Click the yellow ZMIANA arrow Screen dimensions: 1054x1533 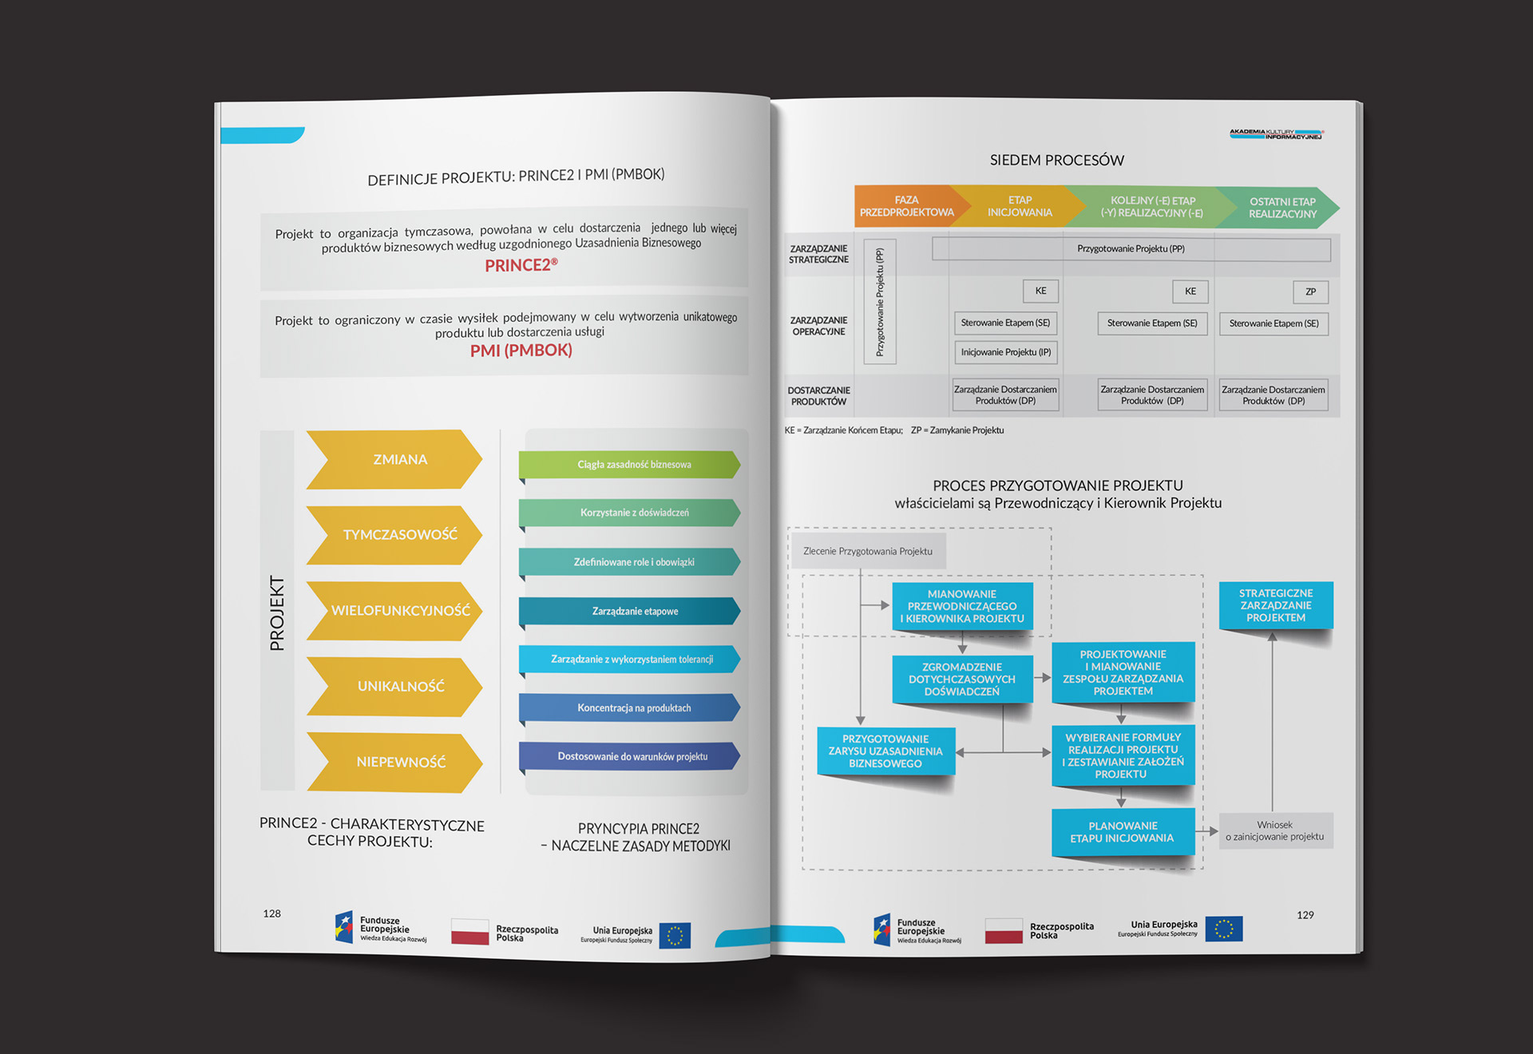click(x=395, y=460)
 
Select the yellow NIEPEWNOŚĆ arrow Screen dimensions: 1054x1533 click(x=395, y=763)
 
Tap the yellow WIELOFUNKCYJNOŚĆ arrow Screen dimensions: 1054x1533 click(x=395, y=611)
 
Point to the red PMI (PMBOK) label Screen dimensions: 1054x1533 click(x=521, y=351)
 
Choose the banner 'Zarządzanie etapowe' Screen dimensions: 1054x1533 click(x=630, y=612)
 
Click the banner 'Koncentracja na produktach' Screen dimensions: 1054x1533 click(x=630, y=708)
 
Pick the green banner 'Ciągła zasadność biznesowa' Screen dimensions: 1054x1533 click(x=630, y=465)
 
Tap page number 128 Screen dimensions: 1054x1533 click(x=272, y=913)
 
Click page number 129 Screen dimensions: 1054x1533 click(x=1305, y=915)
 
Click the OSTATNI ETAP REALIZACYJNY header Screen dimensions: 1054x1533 click(x=1280, y=208)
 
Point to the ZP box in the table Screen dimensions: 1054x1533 click(x=1310, y=292)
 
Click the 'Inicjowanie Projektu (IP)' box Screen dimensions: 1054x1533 click(x=1006, y=352)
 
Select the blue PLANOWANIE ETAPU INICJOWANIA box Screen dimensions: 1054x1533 click(x=1123, y=832)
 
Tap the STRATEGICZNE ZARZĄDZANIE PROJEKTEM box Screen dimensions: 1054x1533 click(x=1276, y=605)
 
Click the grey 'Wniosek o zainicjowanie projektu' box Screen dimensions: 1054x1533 click(x=1275, y=831)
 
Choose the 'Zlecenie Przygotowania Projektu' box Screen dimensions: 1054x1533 click(x=867, y=552)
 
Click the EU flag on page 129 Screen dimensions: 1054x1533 click(x=1224, y=929)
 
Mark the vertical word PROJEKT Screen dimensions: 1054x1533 click(x=277, y=613)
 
